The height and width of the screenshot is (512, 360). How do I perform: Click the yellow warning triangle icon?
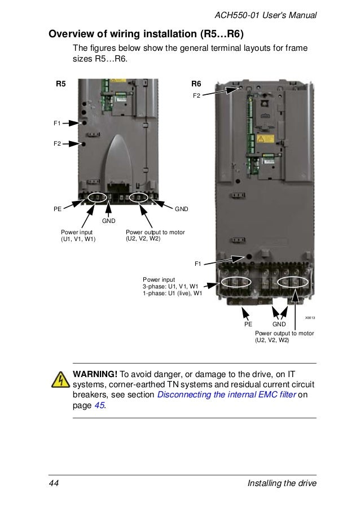pos(59,380)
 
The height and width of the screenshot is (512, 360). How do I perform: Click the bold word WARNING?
pos(95,374)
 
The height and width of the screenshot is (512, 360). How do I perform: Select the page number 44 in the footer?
pos(54,484)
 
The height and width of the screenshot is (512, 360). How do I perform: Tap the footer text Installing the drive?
pos(282,484)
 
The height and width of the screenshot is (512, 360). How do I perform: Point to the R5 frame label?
pos(60,85)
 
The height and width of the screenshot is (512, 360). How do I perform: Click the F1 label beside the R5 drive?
pos(57,122)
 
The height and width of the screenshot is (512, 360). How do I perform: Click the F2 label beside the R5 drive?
pos(57,144)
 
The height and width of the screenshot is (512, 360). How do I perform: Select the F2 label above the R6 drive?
pos(196,95)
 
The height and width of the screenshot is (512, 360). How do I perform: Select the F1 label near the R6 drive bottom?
pos(198,263)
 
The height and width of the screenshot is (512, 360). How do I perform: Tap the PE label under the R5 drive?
pos(58,209)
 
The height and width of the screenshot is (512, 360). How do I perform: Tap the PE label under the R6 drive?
pos(248,325)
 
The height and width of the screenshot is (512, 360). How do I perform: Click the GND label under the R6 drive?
pos(279,325)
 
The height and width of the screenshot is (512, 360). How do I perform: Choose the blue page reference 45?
pos(99,406)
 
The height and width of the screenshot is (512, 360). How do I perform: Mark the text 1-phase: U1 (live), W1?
pos(172,294)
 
